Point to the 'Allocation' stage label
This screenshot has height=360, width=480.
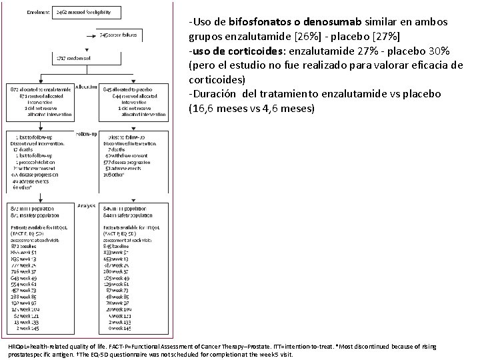pos(87,87)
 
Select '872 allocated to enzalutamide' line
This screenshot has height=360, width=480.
pos(39,89)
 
